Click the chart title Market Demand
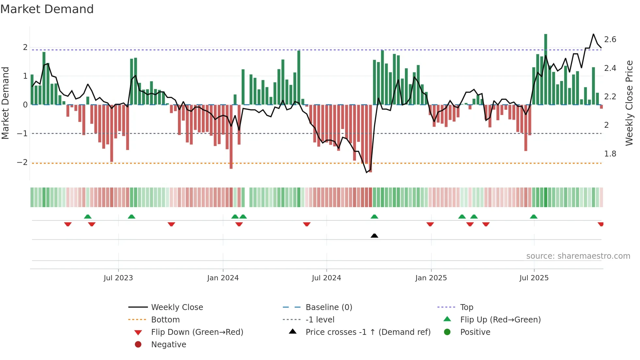pos(47,9)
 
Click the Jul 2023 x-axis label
pos(118,278)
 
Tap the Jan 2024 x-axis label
pos(223,278)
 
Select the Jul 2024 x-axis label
pos(327,278)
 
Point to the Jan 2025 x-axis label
pos(431,278)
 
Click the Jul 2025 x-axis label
pos(534,278)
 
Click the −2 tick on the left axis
pos(22,162)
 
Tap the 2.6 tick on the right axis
pos(610,40)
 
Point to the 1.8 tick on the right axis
pos(610,154)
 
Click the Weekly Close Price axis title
pos(629,103)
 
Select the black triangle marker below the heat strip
pos(375,236)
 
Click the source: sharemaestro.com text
pos(578,256)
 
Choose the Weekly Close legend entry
pos(177,307)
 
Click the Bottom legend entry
pos(165,320)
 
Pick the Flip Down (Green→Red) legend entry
pos(197,332)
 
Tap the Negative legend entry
pos(168,345)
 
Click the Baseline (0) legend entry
pos(328,307)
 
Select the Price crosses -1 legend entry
pos(368,332)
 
